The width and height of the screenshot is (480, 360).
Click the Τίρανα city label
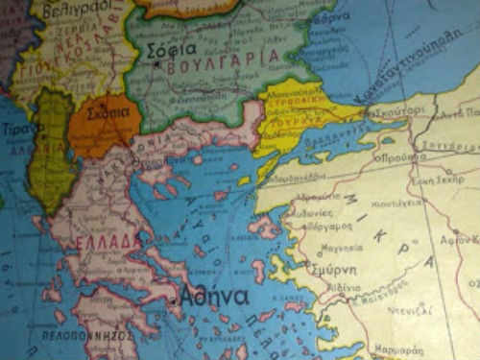[17, 128]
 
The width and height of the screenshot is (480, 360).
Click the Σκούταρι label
[402, 113]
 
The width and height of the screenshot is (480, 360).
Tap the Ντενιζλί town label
[400, 310]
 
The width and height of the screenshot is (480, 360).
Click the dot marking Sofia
[156, 64]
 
